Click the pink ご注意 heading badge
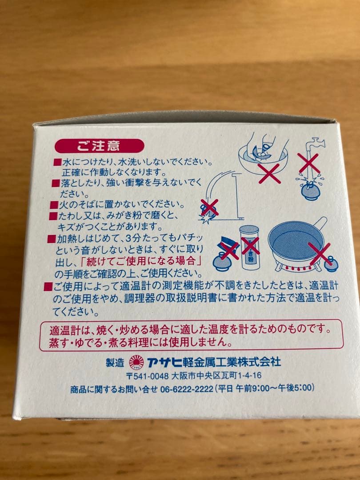99,145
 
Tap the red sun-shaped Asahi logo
136,362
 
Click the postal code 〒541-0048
147,376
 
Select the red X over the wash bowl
269,173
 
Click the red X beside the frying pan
320,253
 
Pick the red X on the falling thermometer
209,207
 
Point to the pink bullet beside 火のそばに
54,205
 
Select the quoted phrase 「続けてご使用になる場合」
157,261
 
